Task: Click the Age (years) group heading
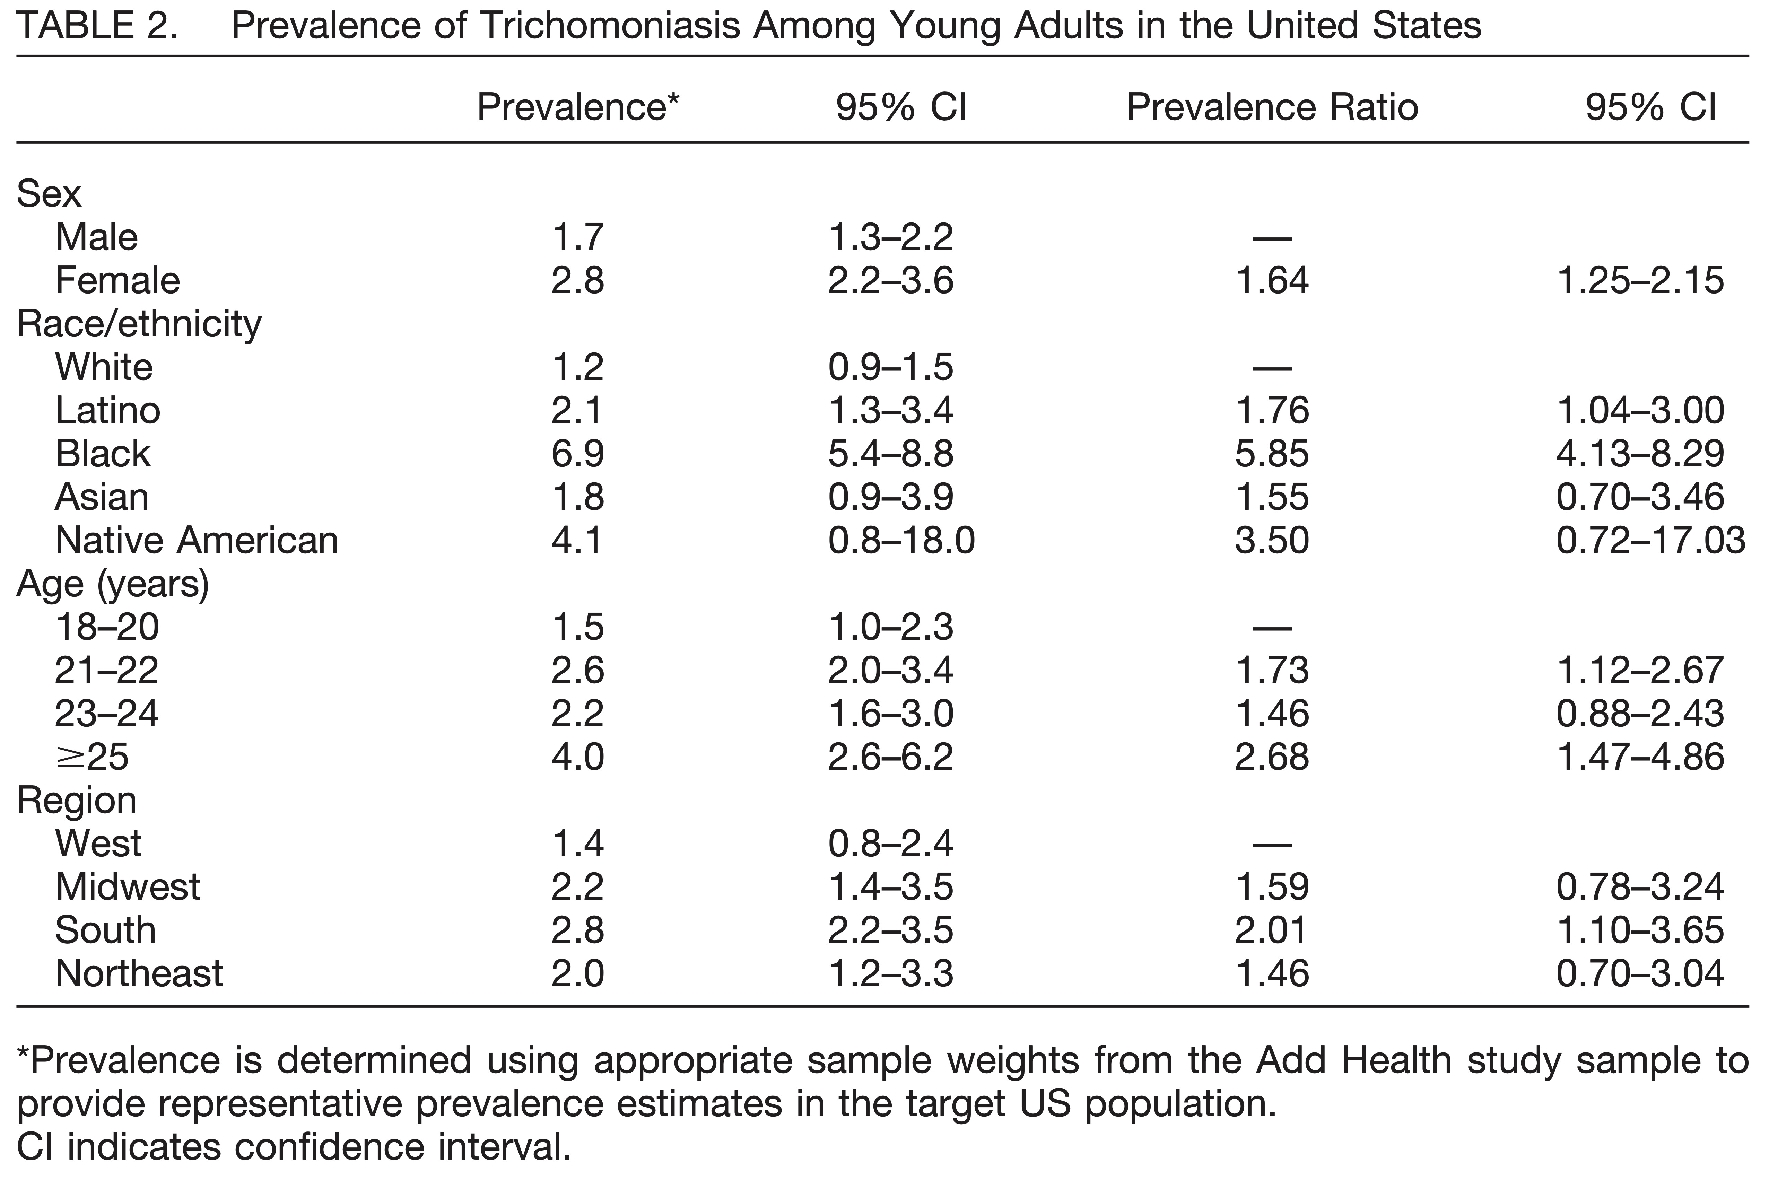coord(113,584)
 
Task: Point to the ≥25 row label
coord(92,757)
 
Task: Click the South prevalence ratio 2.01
coord(1272,930)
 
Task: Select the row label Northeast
coord(139,974)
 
